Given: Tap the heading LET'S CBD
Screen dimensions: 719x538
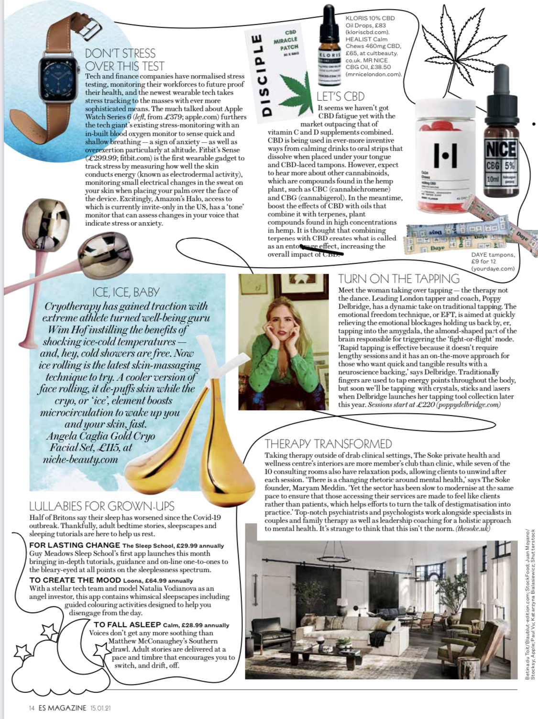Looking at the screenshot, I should click(x=340, y=96).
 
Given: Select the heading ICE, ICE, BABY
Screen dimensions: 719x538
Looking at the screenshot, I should click(x=126, y=292).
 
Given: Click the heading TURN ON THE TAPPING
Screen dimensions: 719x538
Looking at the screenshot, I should click(x=399, y=279).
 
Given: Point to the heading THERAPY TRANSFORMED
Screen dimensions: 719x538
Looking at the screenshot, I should click(x=328, y=444).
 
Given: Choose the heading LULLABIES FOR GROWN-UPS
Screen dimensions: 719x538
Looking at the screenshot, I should click(x=101, y=506).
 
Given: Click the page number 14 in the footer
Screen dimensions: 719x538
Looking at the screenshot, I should click(x=31, y=708).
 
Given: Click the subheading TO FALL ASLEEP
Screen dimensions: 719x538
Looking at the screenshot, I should click(x=127, y=624).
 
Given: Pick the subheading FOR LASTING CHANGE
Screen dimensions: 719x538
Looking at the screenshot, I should click(x=75, y=545).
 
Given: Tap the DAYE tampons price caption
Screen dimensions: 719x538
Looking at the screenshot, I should click(x=493, y=261).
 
